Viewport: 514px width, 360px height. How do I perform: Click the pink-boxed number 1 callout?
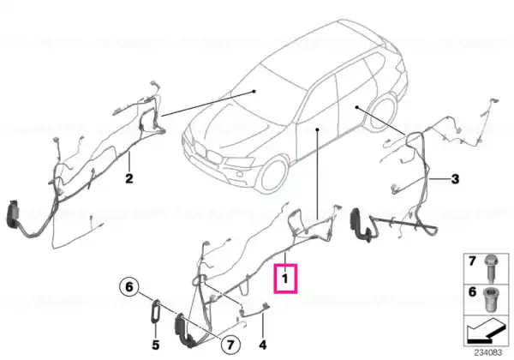[x=285, y=278]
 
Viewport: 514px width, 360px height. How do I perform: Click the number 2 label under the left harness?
[x=129, y=178]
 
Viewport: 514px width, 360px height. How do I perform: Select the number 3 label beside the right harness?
[x=455, y=179]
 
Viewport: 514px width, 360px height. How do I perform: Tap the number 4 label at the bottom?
[x=263, y=345]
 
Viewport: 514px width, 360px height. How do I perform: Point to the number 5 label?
[x=155, y=345]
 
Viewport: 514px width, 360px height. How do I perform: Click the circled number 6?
[x=129, y=287]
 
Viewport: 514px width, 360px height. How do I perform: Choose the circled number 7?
[x=230, y=345]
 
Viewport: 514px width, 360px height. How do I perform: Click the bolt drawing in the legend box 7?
[x=491, y=269]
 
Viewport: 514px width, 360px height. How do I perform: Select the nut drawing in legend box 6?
[x=491, y=297]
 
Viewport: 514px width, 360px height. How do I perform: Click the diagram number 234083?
[x=488, y=352]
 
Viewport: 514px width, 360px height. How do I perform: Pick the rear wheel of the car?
[x=383, y=113]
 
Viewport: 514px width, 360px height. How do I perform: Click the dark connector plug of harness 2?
[x=13, y=213]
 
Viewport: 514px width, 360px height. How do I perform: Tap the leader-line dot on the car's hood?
[x=254, y=92]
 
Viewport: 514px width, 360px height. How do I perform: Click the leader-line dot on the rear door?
[x=356, y=107]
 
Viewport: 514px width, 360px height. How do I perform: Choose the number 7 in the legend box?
[x=472, y=261]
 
